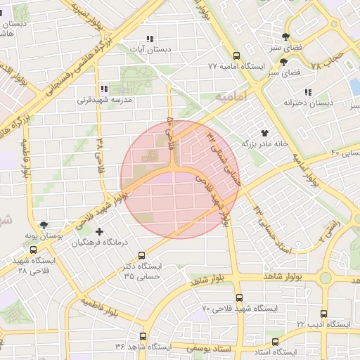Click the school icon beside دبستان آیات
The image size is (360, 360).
149,39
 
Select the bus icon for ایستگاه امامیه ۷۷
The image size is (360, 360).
236,56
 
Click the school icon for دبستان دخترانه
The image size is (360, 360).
308,92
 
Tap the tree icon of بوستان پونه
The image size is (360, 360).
46,225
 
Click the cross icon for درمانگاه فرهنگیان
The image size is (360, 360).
98,231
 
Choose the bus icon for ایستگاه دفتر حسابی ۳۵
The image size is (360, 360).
142,256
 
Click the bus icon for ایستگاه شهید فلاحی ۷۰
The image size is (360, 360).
239,297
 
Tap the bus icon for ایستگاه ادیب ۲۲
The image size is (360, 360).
323,314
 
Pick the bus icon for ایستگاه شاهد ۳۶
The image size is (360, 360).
143,336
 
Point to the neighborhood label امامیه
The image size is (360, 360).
232,96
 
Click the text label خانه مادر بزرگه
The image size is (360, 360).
265,143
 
